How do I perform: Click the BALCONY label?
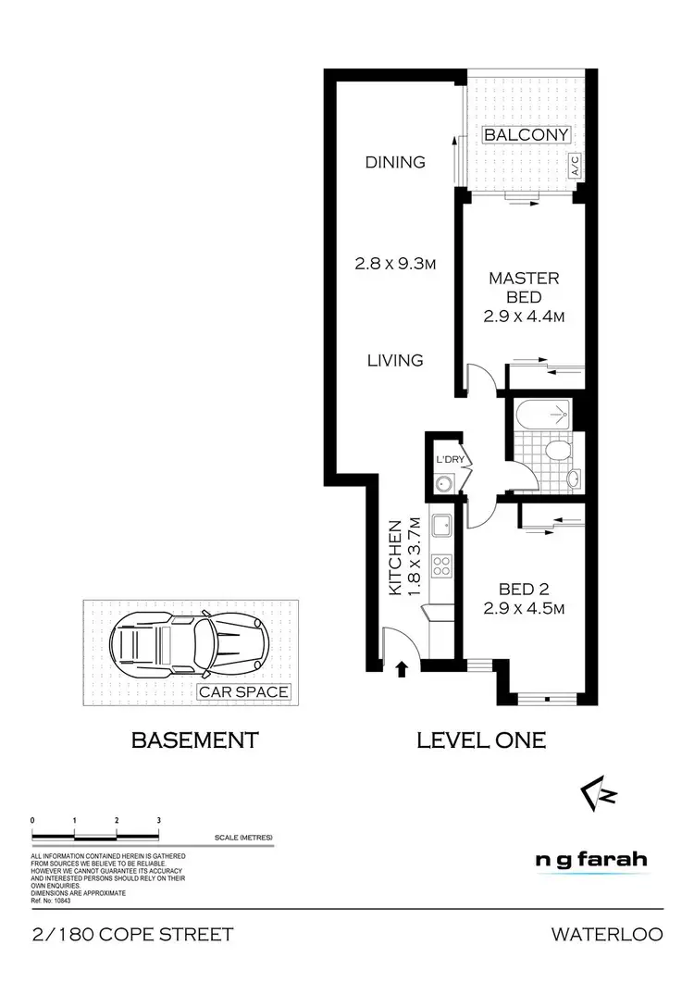(x=526, y=135)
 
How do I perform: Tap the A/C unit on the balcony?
(x=575, y=167)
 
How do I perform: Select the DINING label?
(x=395, y=162)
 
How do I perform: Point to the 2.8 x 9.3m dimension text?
(x=395, y=263)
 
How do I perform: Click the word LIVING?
(x=395, y=360)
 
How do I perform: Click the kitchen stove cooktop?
(x=442, y=564)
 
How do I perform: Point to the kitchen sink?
(x=442, y=525)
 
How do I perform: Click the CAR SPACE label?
(x=244, y=691)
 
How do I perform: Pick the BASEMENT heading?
(x=194, y=740)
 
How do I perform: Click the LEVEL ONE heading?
(x=481, y=740)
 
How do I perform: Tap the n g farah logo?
(x=591, y=860)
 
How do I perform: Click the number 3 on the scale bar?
(x=159, y=820)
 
